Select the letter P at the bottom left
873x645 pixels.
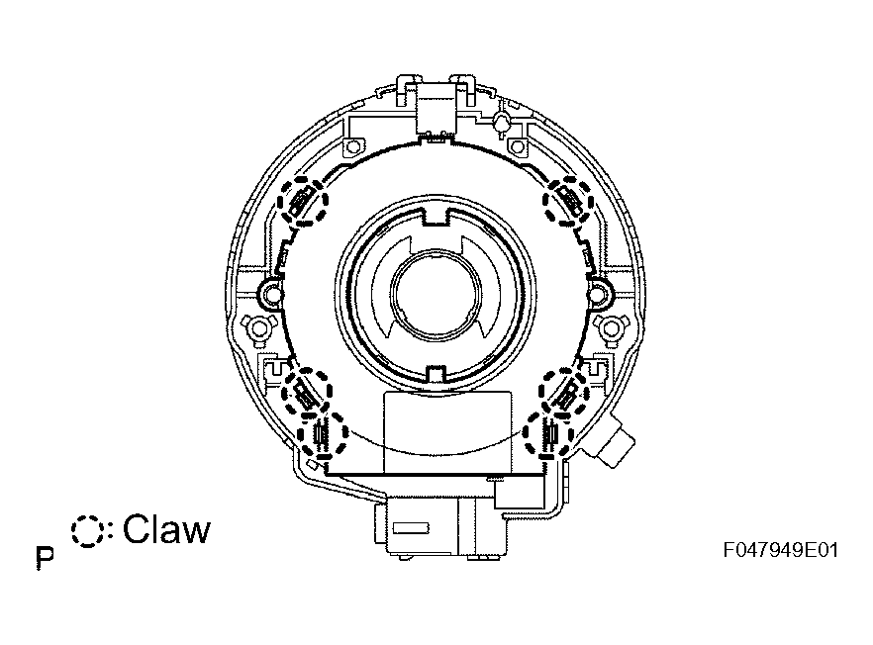[x=46, y=558]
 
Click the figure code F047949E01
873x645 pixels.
[x=781, y=550]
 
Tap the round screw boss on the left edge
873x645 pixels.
[x=272, y=291]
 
